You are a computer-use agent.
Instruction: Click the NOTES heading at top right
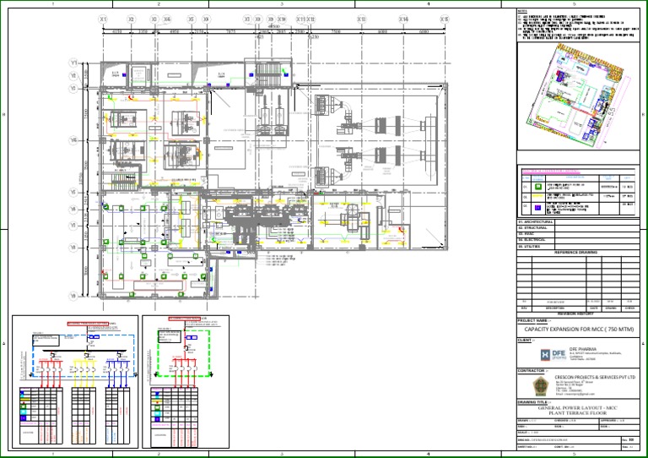click(522, 11)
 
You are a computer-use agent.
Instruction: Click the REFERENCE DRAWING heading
click(576, 253)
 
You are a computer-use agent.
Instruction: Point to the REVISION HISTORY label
click(576, 312)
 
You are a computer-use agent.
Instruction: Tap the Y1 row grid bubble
click(73, 63)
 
